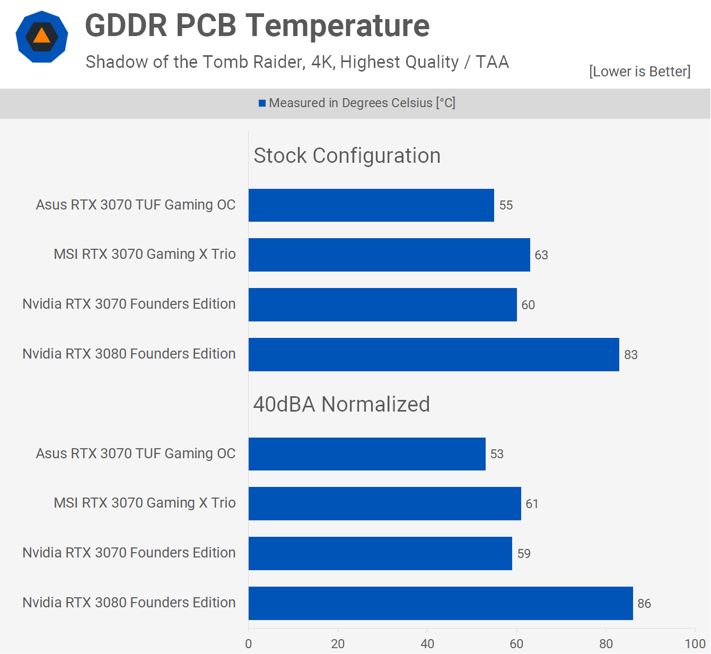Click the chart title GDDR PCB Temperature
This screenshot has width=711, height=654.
257,25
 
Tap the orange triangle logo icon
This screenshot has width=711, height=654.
42,36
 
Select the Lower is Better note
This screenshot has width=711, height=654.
639,72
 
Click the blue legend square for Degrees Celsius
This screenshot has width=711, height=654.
262,103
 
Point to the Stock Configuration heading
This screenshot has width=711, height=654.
347,156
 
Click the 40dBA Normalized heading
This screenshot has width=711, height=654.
341,405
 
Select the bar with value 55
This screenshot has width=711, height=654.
371,205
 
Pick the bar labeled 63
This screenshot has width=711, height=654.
389,255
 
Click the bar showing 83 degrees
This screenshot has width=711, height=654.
434,354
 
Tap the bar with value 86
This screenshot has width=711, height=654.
441,603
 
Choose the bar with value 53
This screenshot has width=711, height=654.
367,454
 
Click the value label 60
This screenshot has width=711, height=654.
528,305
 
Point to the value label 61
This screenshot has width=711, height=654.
532,504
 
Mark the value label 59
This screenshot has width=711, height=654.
524,554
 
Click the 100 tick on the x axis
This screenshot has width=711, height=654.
695,644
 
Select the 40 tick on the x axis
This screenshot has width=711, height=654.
427,644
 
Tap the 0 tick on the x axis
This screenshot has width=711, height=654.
249,644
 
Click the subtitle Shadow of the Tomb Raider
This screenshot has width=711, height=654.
297,62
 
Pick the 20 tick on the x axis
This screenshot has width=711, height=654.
338,644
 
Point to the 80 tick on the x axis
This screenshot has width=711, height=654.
606,644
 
